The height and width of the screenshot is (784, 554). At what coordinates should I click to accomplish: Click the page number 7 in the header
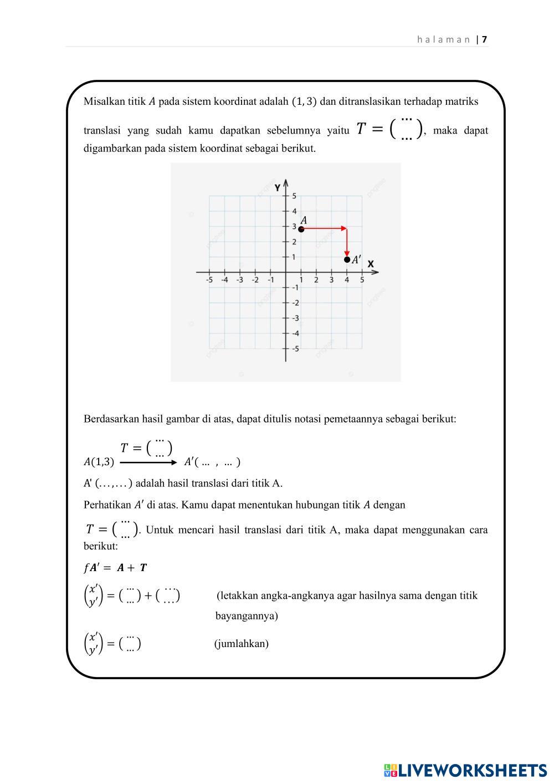(485, 39)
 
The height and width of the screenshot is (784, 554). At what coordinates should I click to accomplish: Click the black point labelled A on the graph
(301, 228)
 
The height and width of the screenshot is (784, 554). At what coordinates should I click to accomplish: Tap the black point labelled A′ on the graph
(347, 259)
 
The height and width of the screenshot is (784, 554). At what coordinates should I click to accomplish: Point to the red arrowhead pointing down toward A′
(347, 253)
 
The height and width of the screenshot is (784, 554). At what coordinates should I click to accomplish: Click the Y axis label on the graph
(278, 187)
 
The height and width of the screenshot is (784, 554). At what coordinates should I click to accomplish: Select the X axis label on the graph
(371, 264)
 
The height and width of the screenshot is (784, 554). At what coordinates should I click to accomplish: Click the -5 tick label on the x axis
(209, 280)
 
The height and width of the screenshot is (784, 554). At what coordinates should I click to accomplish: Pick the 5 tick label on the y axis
(295, 196)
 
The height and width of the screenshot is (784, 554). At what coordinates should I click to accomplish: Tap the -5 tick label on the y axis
(295, 349)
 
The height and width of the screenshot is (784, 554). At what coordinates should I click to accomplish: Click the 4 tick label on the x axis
(347, 280)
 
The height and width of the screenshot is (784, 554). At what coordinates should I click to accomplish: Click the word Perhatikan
(107, 505)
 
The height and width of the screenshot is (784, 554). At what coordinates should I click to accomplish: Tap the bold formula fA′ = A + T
(115, 568)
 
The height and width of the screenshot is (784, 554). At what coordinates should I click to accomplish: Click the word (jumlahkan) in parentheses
(242, 644)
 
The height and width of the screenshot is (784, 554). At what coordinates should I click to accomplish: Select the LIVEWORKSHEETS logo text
(472, 770)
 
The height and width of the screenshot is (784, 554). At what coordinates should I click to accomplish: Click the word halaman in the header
(443, 39)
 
